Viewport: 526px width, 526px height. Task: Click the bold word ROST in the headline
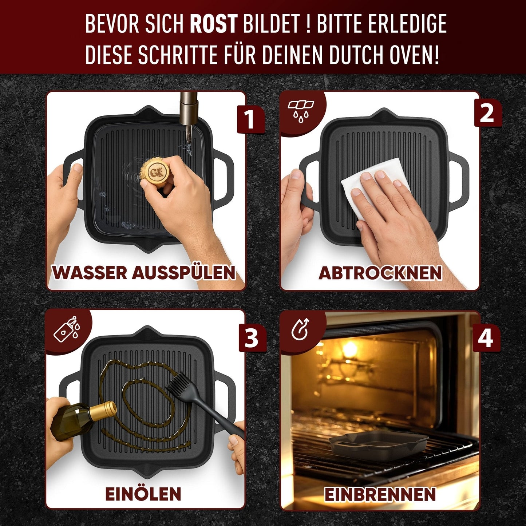213,24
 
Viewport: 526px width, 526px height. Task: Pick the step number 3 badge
252,338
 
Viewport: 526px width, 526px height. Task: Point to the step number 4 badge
486,338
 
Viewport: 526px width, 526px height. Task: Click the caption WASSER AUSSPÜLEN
144,273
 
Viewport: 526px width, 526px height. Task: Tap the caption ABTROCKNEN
380,273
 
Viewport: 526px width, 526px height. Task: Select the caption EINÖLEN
143,494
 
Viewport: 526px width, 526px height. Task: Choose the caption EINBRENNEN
380,494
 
